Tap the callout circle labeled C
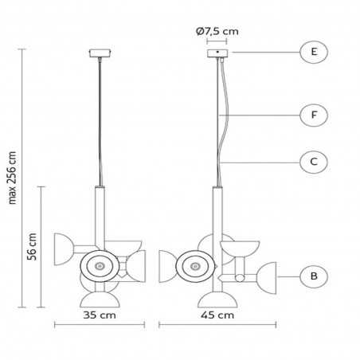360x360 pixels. point(314,162)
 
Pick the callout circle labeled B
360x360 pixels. point(314,276)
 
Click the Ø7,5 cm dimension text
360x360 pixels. point(216,32)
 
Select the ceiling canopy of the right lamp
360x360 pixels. point(216,53)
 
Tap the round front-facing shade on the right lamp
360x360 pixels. point(193,264)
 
